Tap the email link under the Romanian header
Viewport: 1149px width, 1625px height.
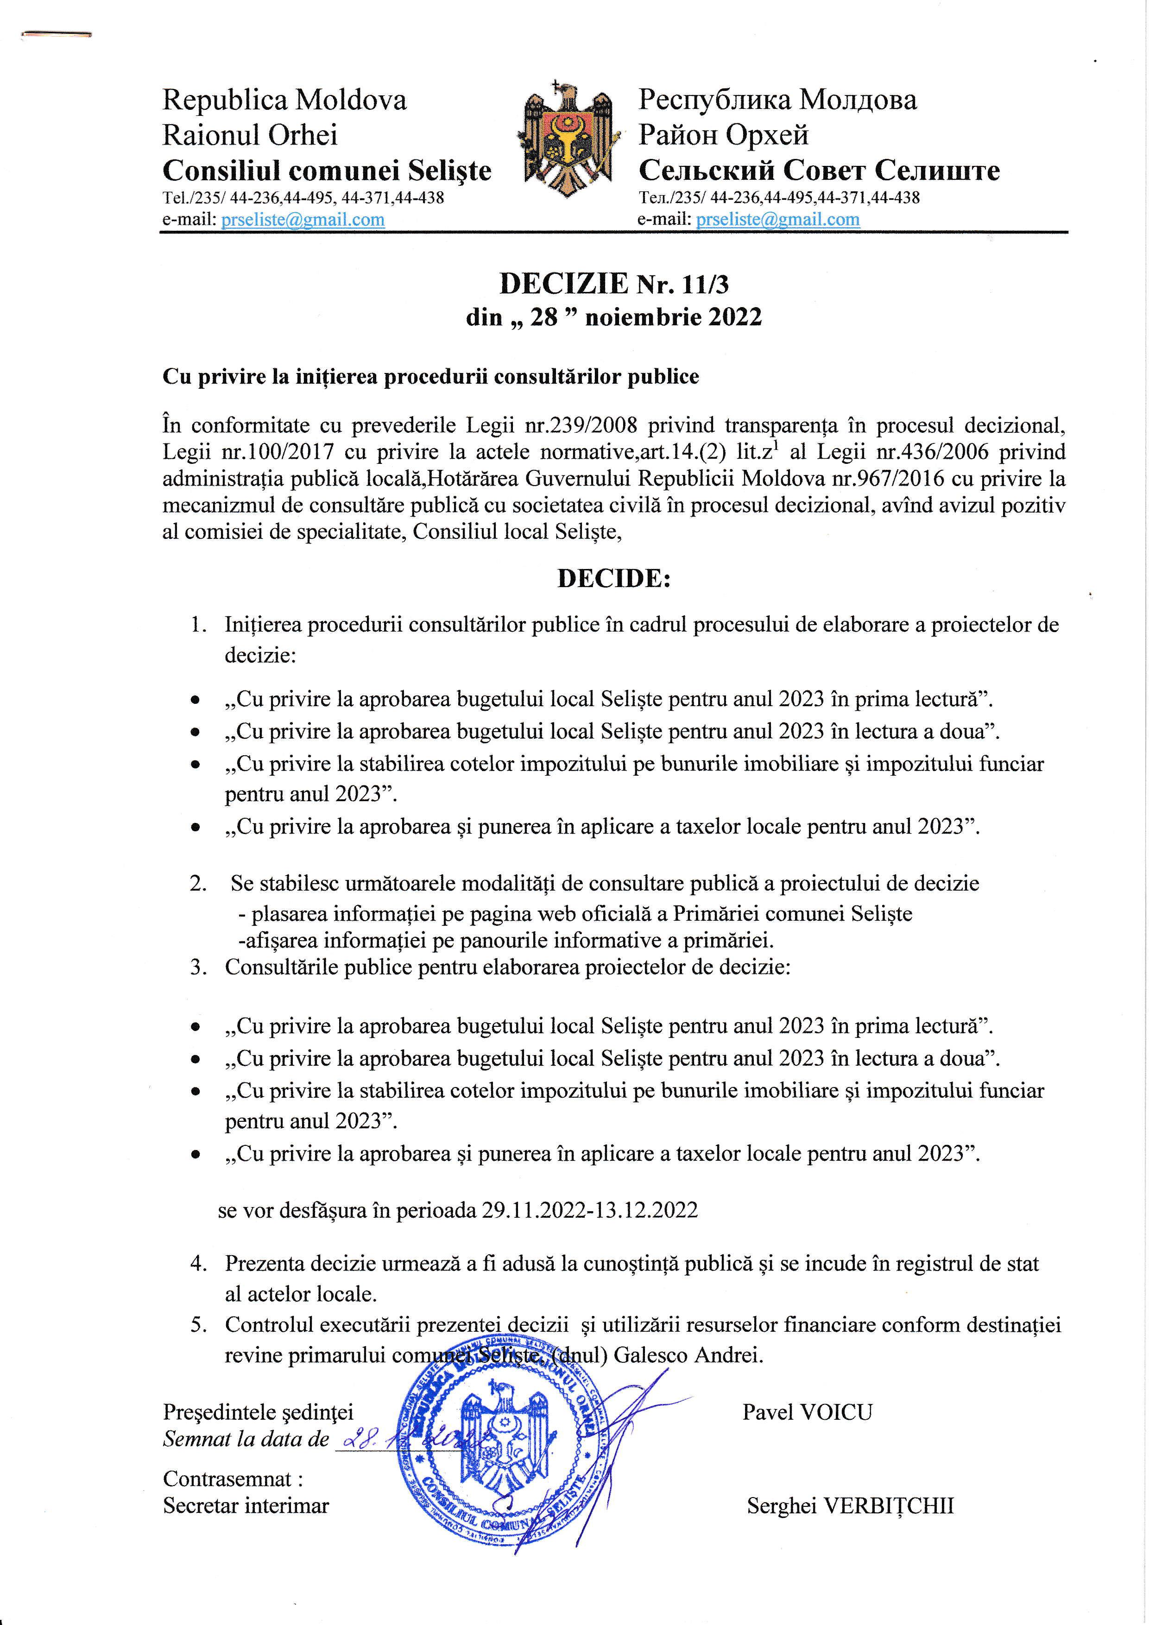coord(303,220)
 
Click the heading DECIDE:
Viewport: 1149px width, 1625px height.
coord(613,578)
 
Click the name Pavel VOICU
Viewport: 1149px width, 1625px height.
coord(807,1412)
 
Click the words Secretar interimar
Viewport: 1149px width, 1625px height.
coord(246,1505)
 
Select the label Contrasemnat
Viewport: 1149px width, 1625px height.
coord(228,1479)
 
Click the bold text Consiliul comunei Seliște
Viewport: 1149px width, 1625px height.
coord(327,171)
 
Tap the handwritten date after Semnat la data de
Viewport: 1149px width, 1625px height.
coord(396,1439)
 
